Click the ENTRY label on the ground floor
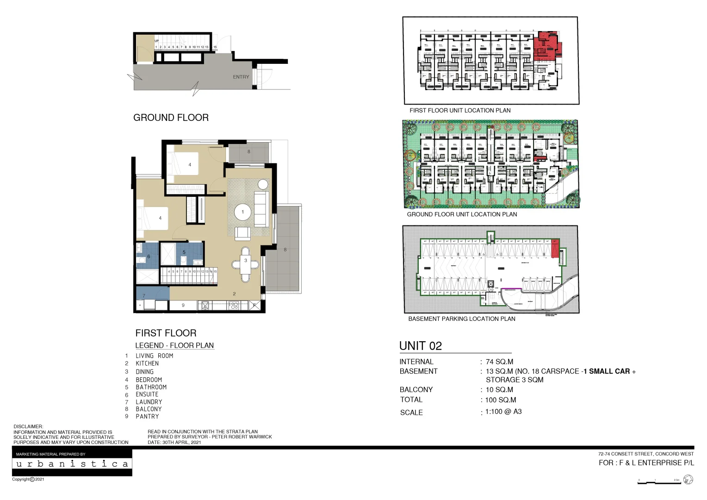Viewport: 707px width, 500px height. pyautogui.click(x=241, y=77)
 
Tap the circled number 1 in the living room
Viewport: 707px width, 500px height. pyautogui.click(x=242, y=212)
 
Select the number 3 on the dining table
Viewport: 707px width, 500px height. pyautogui.click(x=246, y=261)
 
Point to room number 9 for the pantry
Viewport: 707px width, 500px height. pyautogui.click(x=183, y=305)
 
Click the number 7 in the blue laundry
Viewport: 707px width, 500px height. pyautogui.click(x=144, y=295)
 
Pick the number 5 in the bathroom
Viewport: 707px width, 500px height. pyautogui.click(x=184, y=252)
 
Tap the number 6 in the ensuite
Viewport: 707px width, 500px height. pyautogui.click(x=149, y=256)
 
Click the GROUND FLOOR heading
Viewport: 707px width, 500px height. pyautogui.click(x=171, y=118)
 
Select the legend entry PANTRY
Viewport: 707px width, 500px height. pyautogui.click(x=147, y=416)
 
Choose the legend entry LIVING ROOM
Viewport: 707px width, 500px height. pyautogui.click(x=154, y=356)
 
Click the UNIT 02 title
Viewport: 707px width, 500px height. pyautogui.click(x=420, y=346)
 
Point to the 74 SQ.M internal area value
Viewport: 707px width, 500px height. pyautogui.click(x=499, y=362)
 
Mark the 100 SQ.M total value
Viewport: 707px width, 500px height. pyautogui.click(x=500, y=400)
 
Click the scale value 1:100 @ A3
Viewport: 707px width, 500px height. pyautogui.click(x=503, y=412)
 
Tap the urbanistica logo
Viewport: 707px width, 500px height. pyautogui.click(x=72, y=463)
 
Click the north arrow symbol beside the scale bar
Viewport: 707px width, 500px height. pyautogui.click(x=688, y=480)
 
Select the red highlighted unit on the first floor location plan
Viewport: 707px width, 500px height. pyautogui.click(x=546, y=46)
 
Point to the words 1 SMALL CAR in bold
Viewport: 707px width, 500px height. pyautogui.click(x=607, y=371)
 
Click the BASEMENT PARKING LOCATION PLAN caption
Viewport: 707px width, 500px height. pyautogui.click(x=461, y=319)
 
